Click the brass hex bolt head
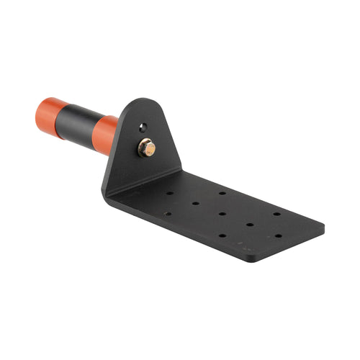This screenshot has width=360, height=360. [x=147, y=148]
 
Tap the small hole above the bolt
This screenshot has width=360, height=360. [x=142, y=128]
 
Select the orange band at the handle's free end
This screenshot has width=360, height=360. [x=51, y=117]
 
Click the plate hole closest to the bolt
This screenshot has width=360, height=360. [x=170, y=193]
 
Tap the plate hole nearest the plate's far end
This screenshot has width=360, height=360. [x=277, y=235]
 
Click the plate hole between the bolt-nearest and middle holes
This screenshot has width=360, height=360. [x=196, y=203]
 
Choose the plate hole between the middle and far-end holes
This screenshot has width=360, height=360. [x=250, y=224]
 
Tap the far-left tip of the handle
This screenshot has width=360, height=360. [x=36, y=115]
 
